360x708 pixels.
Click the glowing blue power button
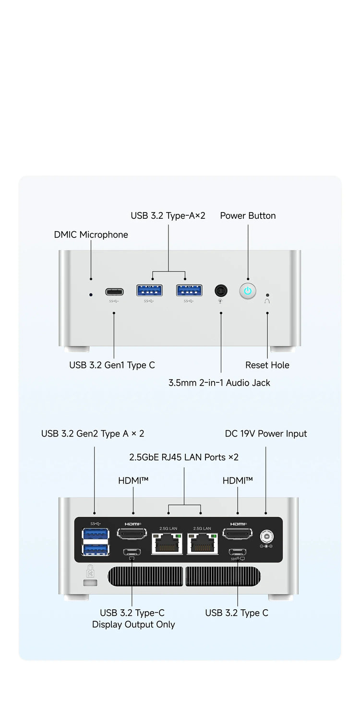[x=248, y=291]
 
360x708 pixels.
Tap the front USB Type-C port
[x=114, y=292]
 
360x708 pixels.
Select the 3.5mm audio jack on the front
[x=221, y=290]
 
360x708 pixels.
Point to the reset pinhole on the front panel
[x=267, y=295]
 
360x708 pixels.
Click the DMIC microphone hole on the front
[x=91, y=295]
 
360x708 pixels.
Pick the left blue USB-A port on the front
[x=149, y=290]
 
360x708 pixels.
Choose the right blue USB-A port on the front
[x=189, y=290]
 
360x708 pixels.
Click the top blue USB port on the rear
[x=95, y=534]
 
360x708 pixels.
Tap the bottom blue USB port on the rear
[x=95, y=550]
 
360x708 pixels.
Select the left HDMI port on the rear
[x=132, y=534]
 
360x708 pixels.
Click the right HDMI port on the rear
[x=238, y=534]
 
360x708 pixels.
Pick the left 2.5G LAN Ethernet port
[x=167, y=543]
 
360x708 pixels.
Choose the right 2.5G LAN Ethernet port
[x=203, y=543]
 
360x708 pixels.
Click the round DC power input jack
[x=266, y=536]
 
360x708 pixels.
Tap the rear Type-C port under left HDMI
[x=132, y=552]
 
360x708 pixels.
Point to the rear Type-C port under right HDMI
[x=237, y=552]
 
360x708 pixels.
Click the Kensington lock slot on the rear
[x=90, y=582]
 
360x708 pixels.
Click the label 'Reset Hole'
[x=267, y=365]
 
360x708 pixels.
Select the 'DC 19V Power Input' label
[x=266, y=434]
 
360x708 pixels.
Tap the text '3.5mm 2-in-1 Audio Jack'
[x=219, y=383]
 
